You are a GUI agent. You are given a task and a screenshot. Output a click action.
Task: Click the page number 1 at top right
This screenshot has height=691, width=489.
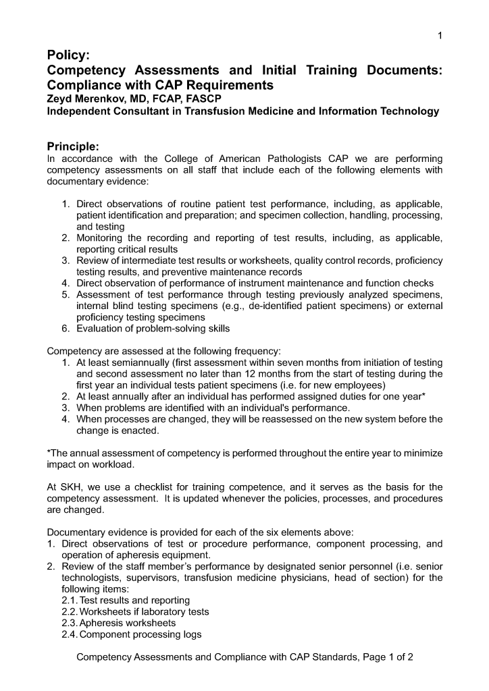pyautogui.click(x=440, y=36)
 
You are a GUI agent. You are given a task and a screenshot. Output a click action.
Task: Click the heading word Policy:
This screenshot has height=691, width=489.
pyautogui.click(x=68, y=55)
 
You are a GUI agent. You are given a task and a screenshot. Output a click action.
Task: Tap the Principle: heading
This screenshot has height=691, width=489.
pyautogui.click(x=73, y=146)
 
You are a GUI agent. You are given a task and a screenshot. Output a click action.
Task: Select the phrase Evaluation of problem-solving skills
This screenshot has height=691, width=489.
pyautogui.click(x=153, y=329)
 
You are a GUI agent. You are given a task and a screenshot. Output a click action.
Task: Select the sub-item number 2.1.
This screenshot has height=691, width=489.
pyautogui.click(x=70, y=600)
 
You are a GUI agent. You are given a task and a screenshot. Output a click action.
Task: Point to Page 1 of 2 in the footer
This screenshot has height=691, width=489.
pyautogui.click(x=388, y=657)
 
